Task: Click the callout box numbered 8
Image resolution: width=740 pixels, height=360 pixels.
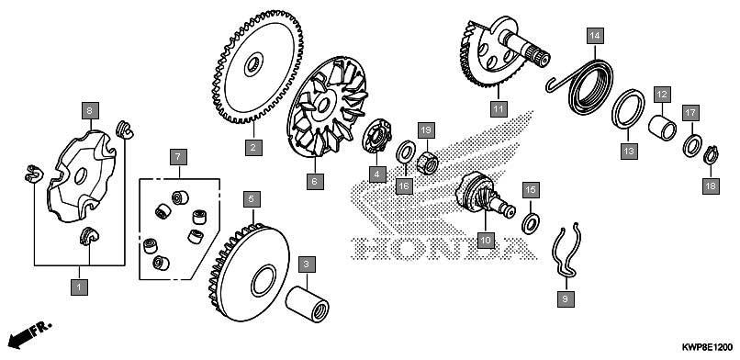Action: tap(90, 111)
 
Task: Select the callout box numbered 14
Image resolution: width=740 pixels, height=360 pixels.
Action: tap(595, 36)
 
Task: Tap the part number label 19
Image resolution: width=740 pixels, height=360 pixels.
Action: tap(426, 129)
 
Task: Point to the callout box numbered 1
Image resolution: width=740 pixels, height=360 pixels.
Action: tap(79, 287)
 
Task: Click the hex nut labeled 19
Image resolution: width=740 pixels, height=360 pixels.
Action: tap(428, 163)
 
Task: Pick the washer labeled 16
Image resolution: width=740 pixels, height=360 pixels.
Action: tap(405, 151)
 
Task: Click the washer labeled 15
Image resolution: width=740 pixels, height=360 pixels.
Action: tap(531, 223)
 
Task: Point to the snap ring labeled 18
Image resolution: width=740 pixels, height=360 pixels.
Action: tap(711, 155)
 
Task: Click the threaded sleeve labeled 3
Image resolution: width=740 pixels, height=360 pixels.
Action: tap(308, 306)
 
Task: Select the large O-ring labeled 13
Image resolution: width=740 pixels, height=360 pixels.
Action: tap(628, 108)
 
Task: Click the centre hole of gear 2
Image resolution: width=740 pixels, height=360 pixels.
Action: tap(253, 63)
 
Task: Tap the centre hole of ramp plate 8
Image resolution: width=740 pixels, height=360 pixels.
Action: tap(81, 176)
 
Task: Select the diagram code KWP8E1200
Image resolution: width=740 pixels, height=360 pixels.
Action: tap(707, 348)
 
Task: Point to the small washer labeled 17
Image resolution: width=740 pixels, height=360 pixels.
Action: tap(692, 145)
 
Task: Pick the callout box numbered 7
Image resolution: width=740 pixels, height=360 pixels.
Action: tap(178, 157)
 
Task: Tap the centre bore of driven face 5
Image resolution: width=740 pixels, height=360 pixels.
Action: tap(263, 281)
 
